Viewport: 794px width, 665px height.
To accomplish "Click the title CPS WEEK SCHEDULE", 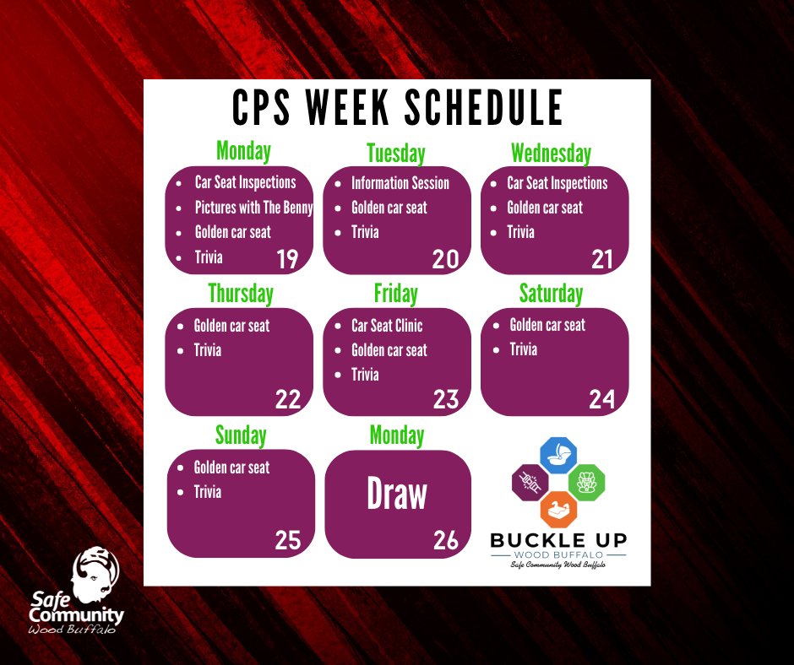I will click(x=397, y=108).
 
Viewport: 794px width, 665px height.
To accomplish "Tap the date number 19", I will click(x=287, y=259).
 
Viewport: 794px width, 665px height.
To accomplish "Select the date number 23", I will click(x=445, y=399).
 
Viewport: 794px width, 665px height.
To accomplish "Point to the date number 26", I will click(x=445, y=540).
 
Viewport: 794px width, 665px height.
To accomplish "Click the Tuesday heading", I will click(x=395, y=154).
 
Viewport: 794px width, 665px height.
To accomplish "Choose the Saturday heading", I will click(x=551, y=294).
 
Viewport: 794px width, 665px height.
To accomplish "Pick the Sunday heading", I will click(x=240, y=435).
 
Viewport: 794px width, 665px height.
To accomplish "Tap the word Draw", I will click(x=397, y=495).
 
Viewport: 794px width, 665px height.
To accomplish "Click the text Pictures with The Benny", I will click(x=253, y=208).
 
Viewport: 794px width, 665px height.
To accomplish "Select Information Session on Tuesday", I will click(x=400, y=183).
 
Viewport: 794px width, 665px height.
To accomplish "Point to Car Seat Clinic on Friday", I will click(x=387, y=325).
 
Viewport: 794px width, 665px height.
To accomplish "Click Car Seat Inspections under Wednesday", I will click(x=557, y=183).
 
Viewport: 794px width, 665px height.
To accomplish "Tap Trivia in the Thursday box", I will click(x=208, y=349).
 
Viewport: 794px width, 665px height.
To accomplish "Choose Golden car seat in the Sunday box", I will click(x=231, y=467).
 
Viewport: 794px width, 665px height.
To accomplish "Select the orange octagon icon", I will click(x=558, y=510).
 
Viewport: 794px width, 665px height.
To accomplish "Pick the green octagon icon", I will click(x=586, y=482).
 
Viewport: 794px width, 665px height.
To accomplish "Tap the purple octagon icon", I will click(x=530, y=482).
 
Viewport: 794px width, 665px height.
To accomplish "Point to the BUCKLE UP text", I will click(x=558, y=540).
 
